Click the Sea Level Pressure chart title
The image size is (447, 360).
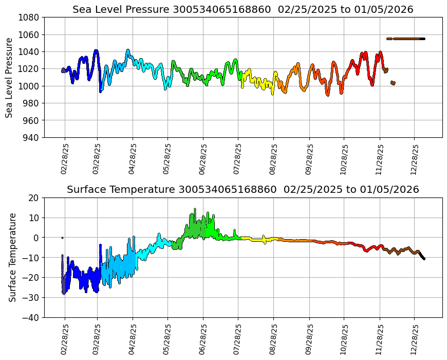(243, 10)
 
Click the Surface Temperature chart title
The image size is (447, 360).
(243, 190)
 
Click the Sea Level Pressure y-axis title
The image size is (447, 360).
(9, 77)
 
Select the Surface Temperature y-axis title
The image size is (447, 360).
(13, 257)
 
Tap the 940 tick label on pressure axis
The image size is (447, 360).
(32, 137)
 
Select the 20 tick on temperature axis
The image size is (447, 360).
(35, 197)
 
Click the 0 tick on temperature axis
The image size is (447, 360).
(38, 238)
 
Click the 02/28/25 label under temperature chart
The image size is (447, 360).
(65, 339)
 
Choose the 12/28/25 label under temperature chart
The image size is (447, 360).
(415, 339)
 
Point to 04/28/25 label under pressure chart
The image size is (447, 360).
(133, 159)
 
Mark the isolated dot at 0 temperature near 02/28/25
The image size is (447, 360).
(62, 238)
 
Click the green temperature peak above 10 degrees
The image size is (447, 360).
(195, 210)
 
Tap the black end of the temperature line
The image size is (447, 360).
(423, 257)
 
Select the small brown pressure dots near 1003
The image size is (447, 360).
(393, 83)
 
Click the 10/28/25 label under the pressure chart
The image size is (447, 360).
(344, 159)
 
